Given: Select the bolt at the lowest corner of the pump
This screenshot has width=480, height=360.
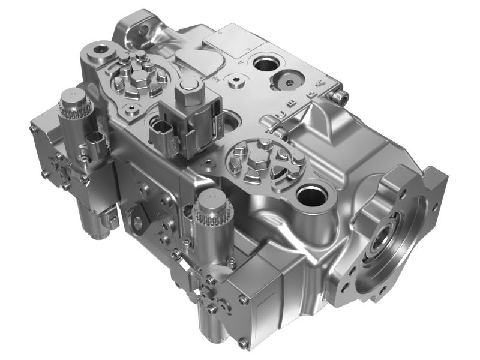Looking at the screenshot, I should point(242,344).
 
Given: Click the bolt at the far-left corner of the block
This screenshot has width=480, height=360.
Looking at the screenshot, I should point(34,128).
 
